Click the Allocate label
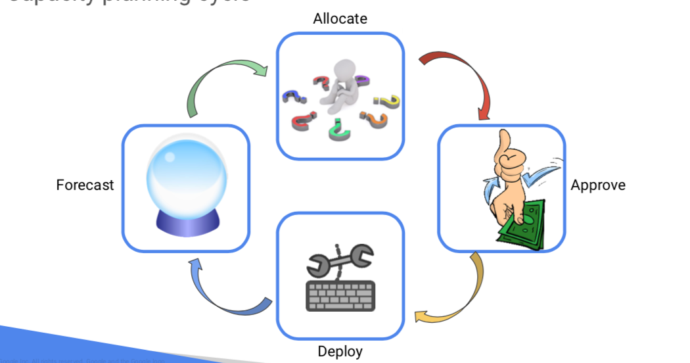tap(340, 18)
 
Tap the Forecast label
tap(85, 185)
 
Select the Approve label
tap(598, 185)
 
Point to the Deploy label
tap(340, 351)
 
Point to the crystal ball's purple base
tap(186, 224)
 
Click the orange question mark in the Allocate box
tap(375, 120)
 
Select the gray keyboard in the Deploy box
tap(340, 295)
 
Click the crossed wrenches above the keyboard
tap(340, 260)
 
